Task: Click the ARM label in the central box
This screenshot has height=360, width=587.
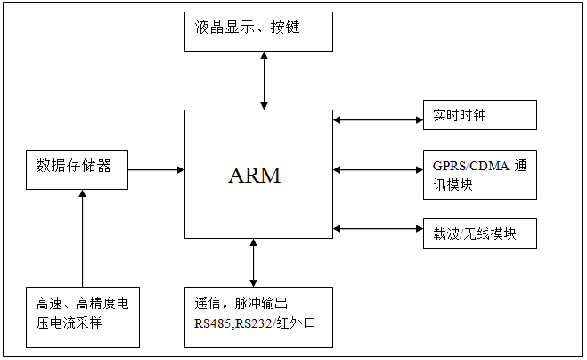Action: tap(255, 176)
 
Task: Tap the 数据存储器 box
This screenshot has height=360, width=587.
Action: tap(77, 169)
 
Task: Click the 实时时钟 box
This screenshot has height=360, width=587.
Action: tap(479, 115)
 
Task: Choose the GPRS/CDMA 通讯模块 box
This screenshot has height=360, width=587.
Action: tap(479, 175)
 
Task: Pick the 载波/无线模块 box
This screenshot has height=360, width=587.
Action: tap(479, 233)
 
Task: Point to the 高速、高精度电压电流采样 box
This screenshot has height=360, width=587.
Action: tap(82, 316)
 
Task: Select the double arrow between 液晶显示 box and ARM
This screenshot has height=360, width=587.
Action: tap(264, 80)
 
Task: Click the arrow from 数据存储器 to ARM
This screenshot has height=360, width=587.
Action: tap(156, 168)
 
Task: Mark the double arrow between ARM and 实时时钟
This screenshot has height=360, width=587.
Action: tap(378, 118)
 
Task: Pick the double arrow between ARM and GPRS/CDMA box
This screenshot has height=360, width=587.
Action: tap(378, 168)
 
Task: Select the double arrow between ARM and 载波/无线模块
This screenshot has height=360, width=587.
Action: tap(378, 229)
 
